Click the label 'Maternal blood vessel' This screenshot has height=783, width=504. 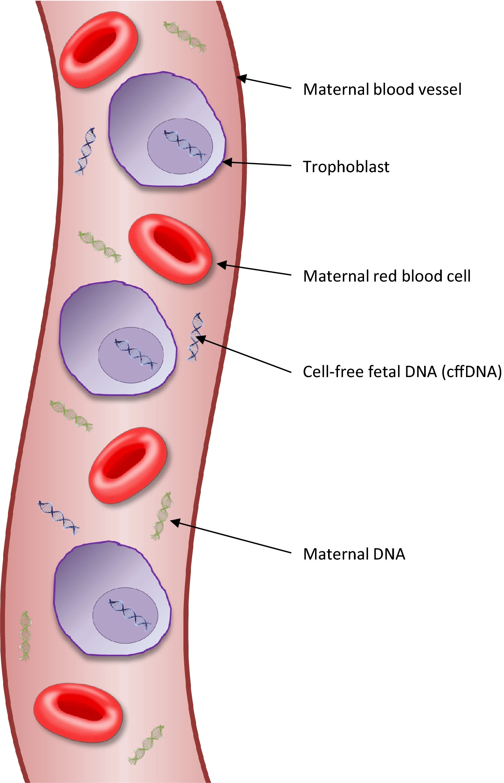click(382, 90)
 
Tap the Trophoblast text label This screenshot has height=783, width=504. click(346, 167)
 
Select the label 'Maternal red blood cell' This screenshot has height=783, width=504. click(387, 276)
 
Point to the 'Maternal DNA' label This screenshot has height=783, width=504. click(354, 554)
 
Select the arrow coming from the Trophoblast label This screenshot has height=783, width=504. click(257, 163)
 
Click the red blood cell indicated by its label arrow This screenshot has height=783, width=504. click(170, 249)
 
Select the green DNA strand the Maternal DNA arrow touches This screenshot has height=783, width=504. click(162, 516)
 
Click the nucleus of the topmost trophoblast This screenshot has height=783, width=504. click(180, 146)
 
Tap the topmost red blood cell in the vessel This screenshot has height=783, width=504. click(99, 49)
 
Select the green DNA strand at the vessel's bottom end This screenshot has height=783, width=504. click(146, 744)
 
